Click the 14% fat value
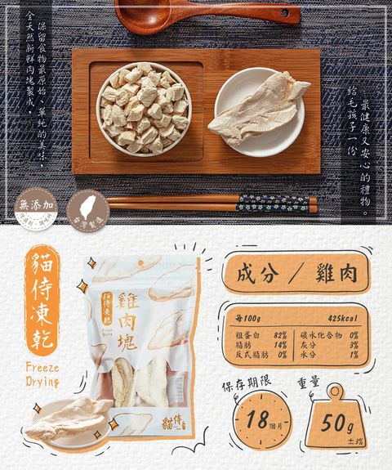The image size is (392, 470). pyautogui.click(x=280, y=345)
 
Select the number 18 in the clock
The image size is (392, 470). pyautogui.click(x=256, y=422)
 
